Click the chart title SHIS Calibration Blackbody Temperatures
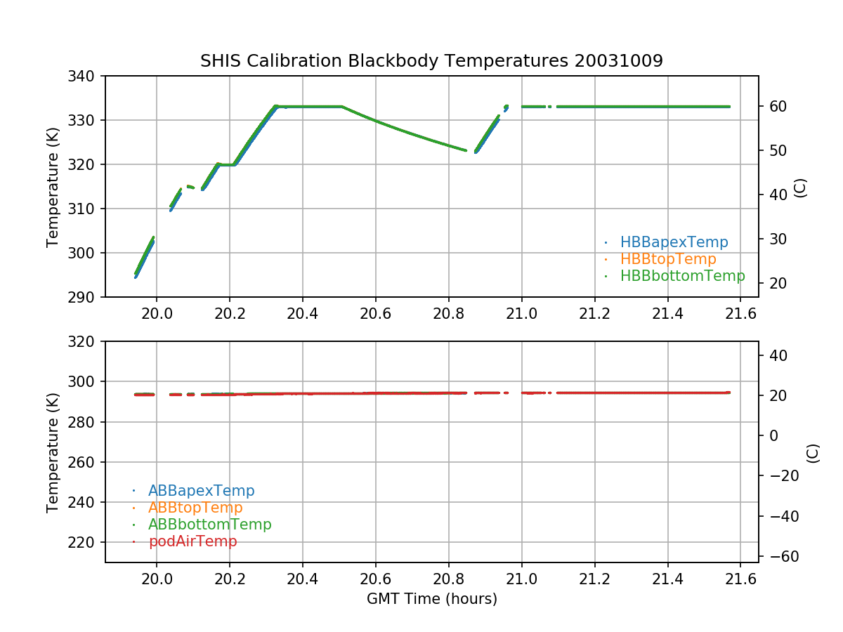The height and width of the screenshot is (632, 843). tap(431, 61)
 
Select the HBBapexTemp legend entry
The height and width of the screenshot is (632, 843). tap(674, 242)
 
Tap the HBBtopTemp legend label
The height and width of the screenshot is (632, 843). tap(667, 259)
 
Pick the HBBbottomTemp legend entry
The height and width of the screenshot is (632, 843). tap(682, 276)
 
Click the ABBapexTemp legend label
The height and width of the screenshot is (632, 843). tap(201, 491)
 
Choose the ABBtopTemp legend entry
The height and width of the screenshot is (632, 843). tap(195, 508)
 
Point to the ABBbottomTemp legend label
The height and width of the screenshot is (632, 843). tap(209, 525)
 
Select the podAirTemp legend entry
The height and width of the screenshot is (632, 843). tap(192, 541)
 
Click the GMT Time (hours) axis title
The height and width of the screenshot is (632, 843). tap(431, 599)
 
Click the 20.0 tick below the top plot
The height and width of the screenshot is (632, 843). tap(156, 312)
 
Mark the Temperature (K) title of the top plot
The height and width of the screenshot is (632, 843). tap(53, 186)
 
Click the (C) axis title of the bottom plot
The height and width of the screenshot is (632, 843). tap(813, 453)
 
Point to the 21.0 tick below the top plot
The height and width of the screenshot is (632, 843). tap(522, 312)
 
